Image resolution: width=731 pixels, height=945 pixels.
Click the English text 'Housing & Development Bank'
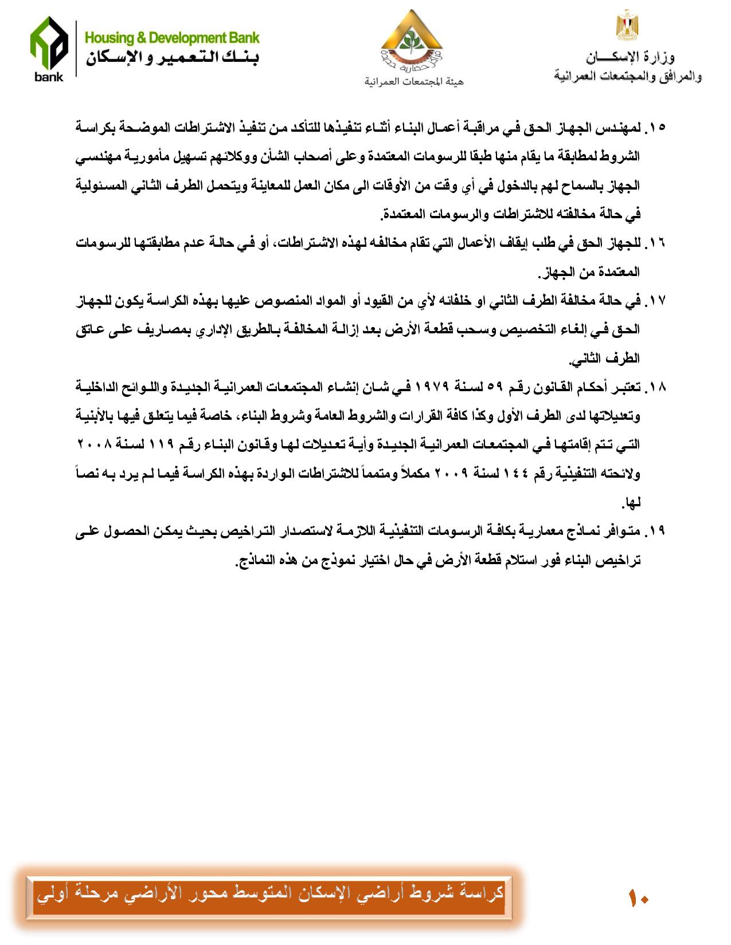coord(172,38)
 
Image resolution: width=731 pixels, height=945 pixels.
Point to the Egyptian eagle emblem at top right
coord(628,25)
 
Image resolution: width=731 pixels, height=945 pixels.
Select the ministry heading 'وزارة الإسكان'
coord(630,57)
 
